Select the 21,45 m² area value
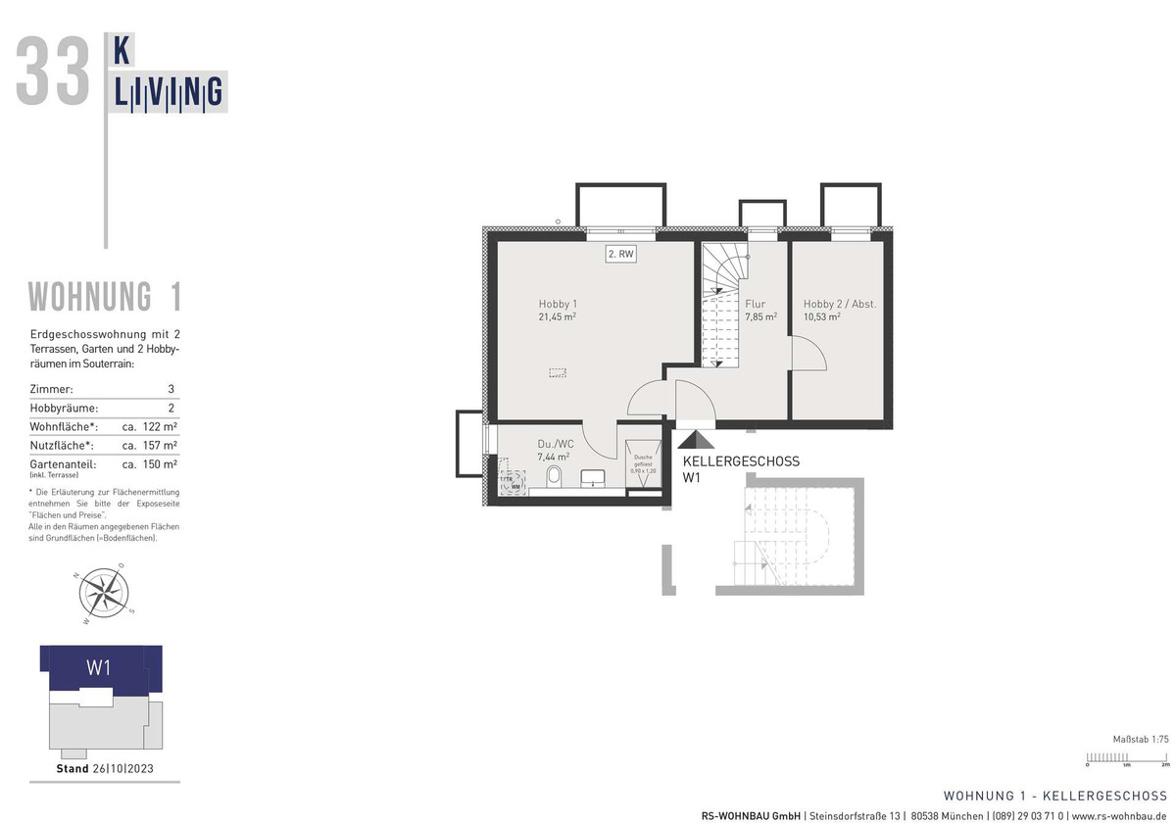556,317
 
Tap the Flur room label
755,304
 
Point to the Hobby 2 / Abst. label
839,304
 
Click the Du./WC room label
555,443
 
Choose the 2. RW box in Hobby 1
621,255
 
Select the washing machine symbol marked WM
513,484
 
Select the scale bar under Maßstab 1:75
1125,756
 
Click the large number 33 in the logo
53,72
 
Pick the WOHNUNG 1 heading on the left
104,296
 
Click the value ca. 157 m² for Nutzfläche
149,445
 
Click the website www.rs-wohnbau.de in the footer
1118,815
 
